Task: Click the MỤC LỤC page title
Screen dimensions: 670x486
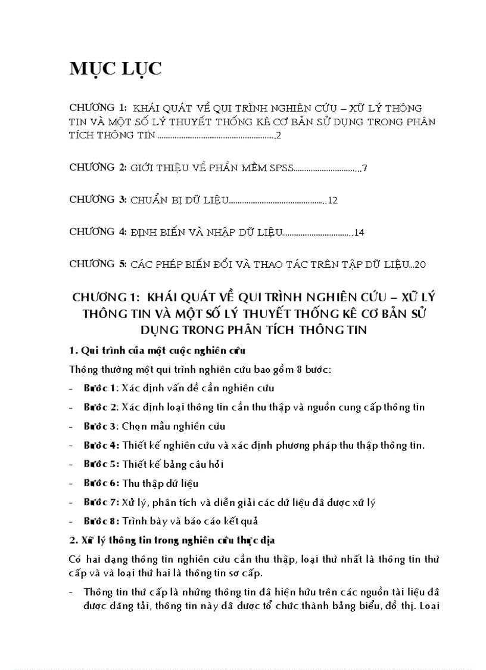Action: click(116, 69)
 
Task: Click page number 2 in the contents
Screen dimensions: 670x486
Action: click(278, 137)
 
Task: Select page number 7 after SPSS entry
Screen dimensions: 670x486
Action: click(364, 169)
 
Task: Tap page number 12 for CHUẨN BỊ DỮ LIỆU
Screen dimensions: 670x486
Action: click(332, 200)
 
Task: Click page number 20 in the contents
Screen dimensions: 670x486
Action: click(420, 264)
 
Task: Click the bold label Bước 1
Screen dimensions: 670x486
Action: click(101, 388)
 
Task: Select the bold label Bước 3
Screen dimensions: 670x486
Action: click(101, 426)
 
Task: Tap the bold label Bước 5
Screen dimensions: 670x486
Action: click(101, 464)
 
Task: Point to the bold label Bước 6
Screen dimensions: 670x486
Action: click(101, 483)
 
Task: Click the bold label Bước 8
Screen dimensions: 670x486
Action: click(101, 520)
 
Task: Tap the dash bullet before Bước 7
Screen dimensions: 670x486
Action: click(72, 502)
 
